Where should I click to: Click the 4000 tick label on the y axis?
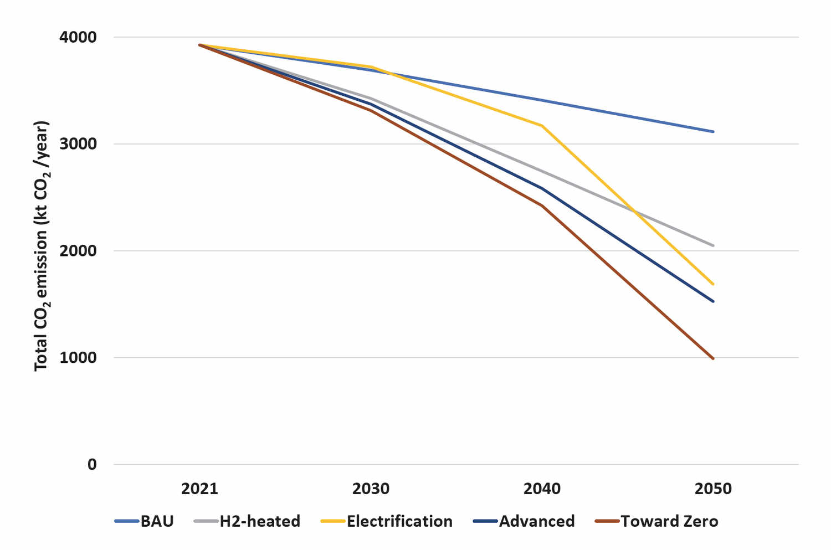(x=78, y=37)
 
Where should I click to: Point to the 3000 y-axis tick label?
(x=78, y=144)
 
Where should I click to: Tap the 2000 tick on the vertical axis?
(x=78, y=251)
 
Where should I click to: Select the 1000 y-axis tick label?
(x=78, y=357)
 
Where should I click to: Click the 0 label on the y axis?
(x=92, y=464)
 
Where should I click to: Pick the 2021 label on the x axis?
(x=199, y=489)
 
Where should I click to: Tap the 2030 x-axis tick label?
(x=371, y=489)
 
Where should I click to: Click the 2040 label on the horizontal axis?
(x=542, y=489)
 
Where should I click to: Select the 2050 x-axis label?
(x=713, y=489)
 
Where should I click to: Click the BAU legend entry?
(x=144, y=521)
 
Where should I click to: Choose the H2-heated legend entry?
(x=247, y=521)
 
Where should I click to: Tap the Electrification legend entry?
(x=387, y=521)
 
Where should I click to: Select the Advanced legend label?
(x=524, y=521)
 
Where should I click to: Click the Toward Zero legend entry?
(x=656, y=521)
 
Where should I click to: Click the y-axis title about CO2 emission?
(x=42, y=246)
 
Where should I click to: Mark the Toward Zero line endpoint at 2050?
(x=713, y=358)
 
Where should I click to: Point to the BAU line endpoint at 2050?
(x=713, y=132)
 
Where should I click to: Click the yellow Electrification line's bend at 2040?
(x=542, y=126)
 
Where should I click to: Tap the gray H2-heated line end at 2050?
(x=713, y=245)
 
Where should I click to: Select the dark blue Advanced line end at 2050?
(x=713, y=301)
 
